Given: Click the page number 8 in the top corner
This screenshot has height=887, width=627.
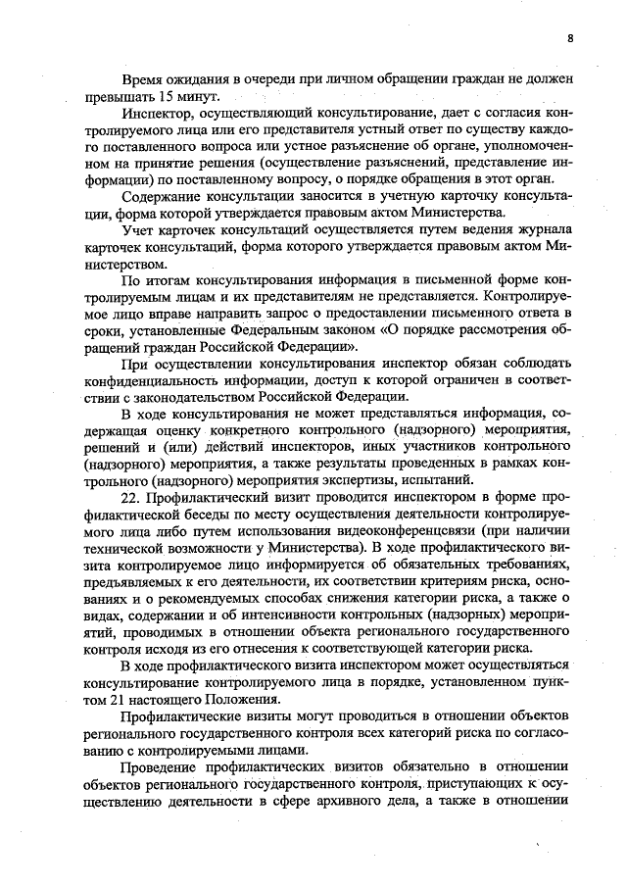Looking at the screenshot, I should (x=569, y=39).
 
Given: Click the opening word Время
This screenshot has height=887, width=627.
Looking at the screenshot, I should (x=144, y=77).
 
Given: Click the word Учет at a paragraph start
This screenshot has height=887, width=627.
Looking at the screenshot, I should (x=140, y=231).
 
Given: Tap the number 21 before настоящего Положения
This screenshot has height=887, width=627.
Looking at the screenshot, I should (x=136, y=699).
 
